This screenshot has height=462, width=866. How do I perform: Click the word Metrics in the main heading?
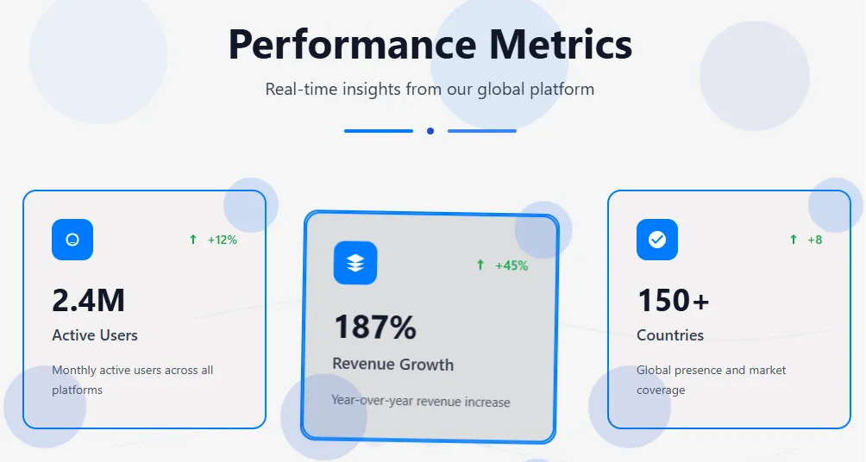pos(561,44)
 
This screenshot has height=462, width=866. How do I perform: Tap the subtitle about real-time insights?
pos(430,90)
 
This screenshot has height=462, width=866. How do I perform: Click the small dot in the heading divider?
pos(430,131)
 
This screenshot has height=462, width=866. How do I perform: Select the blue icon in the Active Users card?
pos(72,240)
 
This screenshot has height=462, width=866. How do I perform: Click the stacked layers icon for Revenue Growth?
pos(355,263)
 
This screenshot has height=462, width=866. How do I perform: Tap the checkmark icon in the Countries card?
pos(657,240)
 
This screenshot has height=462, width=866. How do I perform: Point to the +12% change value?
pos(222,240)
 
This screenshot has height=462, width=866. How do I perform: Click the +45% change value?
pos(511,265)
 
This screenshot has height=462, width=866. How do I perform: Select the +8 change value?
pos(814,240)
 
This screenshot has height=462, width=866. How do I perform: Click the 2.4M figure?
pos(88,301)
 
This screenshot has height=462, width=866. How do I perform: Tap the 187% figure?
pos(375,326)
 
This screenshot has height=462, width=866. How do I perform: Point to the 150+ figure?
pos(674,301)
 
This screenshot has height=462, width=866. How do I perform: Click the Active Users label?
pos(95,335)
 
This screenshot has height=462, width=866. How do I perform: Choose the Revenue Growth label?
pos(392,365)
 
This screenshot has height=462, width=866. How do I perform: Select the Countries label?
pos(670,335)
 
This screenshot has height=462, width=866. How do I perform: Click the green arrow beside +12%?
pos(192,239)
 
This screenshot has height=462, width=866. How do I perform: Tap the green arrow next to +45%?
pos(480,265)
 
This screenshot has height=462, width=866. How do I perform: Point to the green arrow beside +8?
pos(793,239)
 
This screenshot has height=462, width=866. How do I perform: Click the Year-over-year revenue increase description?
pos(421,402)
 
